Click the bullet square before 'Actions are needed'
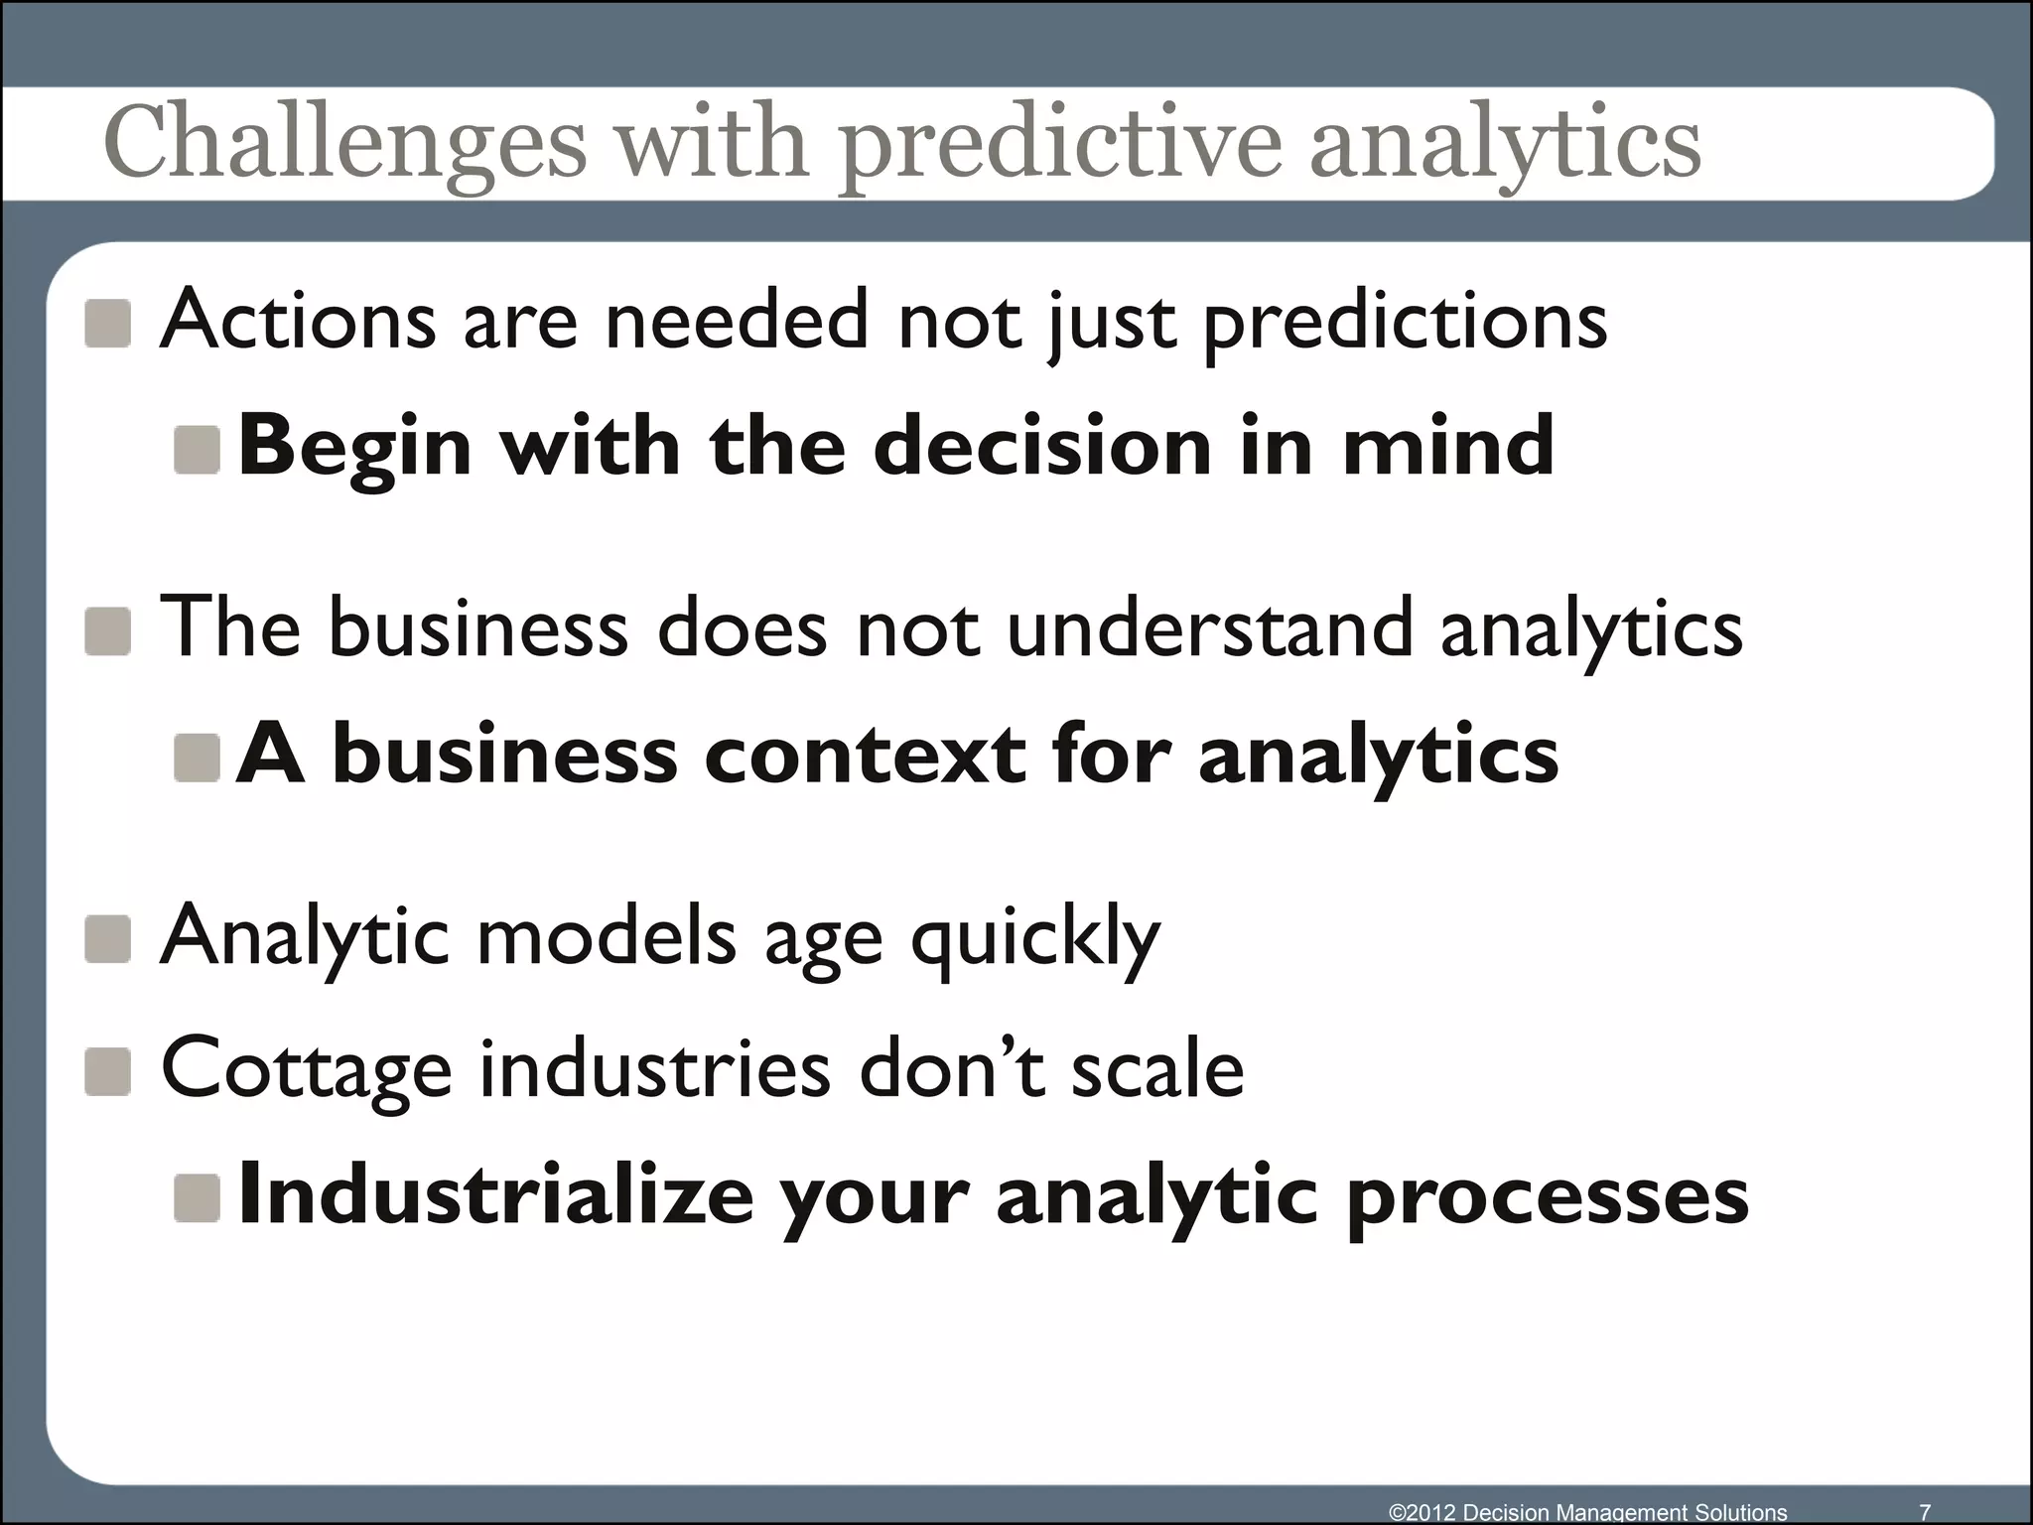tap(108, 324)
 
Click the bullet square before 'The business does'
tap(108, 631)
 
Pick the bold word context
tap(864, 756)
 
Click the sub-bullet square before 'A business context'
tap(197, 759)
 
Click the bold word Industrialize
tap(496, 1195)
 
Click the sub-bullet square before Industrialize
tap(197, 1198)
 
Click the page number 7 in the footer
tap(1925, 1512)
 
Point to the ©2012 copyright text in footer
tap(1587, 1512)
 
